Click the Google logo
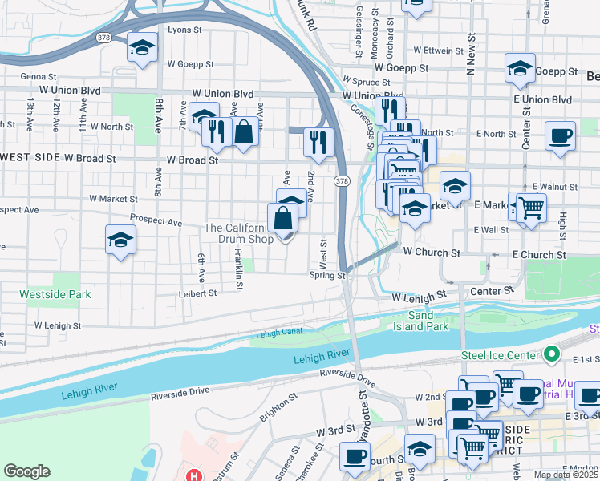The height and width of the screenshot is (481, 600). (26, 471)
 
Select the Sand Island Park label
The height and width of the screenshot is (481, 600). (421, 321)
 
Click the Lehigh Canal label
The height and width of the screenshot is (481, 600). (282, 333)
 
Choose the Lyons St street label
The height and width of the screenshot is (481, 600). (184, 30)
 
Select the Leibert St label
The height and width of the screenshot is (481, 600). (201, 293)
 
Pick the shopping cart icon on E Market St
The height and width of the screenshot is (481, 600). (530, 208)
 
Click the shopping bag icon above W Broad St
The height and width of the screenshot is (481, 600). (245, 129)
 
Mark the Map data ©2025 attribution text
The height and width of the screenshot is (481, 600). (566, 475)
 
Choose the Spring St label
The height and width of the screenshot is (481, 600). (327, 275)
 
